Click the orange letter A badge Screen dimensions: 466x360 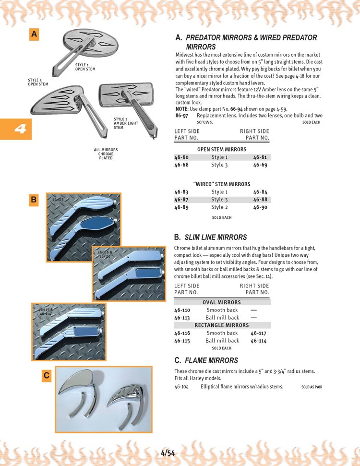pos(34,34)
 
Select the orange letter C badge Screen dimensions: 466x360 pos(47,376)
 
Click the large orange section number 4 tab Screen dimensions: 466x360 pos(16,129)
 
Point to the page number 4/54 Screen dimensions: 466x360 pos(168,453)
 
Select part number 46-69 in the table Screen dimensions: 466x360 pos(260,165)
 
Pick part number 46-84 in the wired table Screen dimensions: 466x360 pos(260,192)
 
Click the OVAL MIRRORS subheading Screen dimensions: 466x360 pos(222,302)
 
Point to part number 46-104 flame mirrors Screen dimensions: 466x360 pos(182,386)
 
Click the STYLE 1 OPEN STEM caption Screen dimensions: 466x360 pos(85,67)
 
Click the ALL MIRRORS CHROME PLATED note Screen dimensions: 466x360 pos(106,154)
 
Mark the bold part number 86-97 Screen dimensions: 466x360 pos(181,116)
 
